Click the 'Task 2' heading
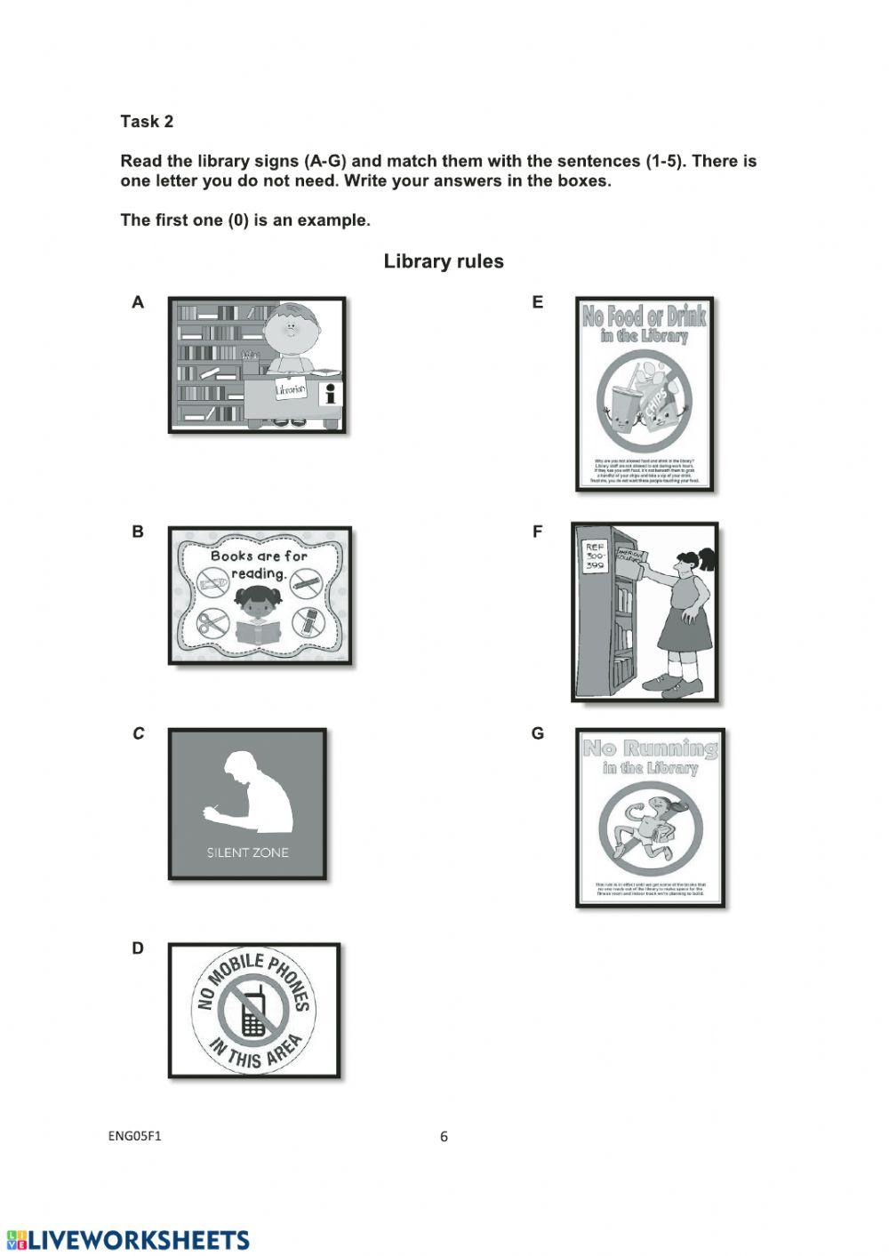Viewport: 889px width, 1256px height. pos(147,122)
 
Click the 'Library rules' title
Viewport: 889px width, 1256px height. pos(444,261)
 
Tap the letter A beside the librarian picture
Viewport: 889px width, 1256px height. pos(138,302)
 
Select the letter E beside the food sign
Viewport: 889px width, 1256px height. pos(537,302)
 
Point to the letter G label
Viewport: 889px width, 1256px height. pos(537,733)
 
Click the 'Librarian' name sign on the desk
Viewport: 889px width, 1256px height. pos(291,388)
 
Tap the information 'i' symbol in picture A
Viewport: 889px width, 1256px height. pos(332,395)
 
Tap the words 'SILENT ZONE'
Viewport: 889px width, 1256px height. pos(247,852)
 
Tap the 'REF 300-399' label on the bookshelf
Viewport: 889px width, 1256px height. pos(595,557)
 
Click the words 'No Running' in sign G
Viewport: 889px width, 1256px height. pos(650,748)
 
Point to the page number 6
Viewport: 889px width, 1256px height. pos(444,1136)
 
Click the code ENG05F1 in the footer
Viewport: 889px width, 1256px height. pos(135,1135)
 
